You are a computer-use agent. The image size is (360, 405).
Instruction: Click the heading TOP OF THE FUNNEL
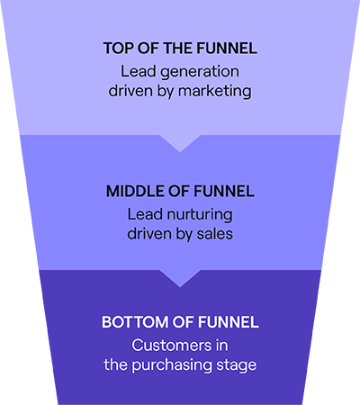[x=180, y=49]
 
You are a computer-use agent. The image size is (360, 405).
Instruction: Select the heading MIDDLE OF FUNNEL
[x=180, y=191]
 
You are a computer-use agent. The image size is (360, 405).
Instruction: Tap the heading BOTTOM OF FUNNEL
[x=180, y=322]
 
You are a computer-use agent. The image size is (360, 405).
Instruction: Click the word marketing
[x=215, y=91]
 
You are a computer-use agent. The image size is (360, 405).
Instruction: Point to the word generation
[x=200, y=72]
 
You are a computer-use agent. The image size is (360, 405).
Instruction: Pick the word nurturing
[x=200, y=215]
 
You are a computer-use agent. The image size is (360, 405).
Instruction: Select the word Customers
[x=171, y=346]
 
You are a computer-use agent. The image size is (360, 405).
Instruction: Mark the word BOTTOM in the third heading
[x=135, y=322]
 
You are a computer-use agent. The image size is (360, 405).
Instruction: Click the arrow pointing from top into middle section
[x=180, y=143]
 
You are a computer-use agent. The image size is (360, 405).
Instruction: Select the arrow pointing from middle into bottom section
[x=180, y=278]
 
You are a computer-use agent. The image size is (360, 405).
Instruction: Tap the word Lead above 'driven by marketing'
[x=139, y=71]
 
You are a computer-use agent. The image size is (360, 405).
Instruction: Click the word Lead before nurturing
[x=145, y=214]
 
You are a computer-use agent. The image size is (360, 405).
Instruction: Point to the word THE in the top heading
[x=178, y=49]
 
